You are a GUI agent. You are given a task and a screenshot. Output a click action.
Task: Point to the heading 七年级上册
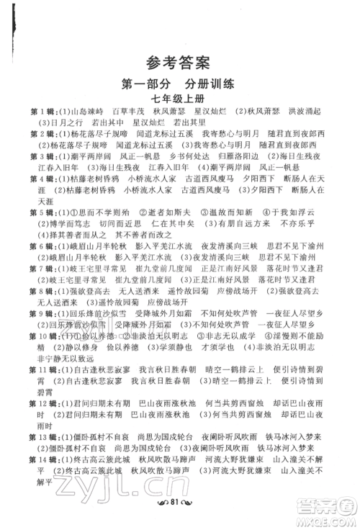pyautogui.click(x=180, y=99)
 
